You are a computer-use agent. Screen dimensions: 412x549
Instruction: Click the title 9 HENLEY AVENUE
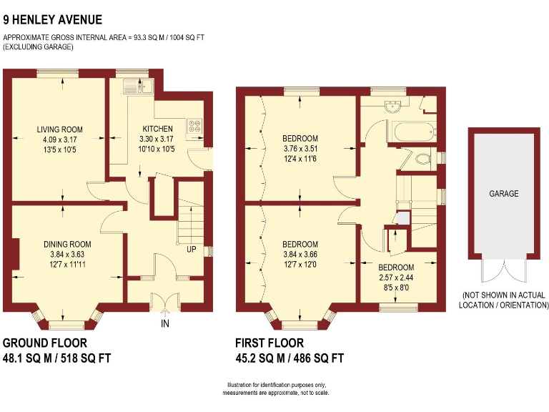(52, 20)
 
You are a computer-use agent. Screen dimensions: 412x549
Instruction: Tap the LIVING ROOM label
(60, 129)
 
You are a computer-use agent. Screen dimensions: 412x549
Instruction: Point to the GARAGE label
(504, 194)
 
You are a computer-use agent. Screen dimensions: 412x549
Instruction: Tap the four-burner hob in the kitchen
(194, 126)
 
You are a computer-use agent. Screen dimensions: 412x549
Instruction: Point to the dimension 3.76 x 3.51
(300, 149)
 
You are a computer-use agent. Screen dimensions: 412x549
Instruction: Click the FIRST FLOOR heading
(269, 343)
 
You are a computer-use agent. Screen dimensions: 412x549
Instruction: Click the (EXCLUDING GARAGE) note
(39, 46)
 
